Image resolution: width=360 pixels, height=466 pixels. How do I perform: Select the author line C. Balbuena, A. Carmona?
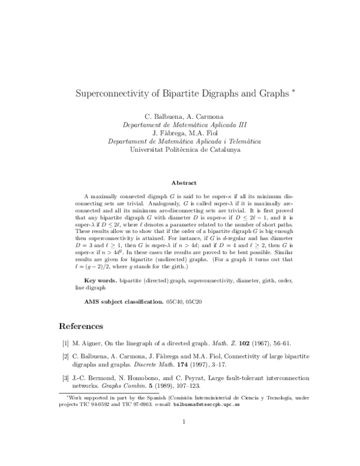[180, 115]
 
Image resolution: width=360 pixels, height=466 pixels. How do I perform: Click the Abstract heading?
[180, 182]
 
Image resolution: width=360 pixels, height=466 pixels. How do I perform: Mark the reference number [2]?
[65, 357]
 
